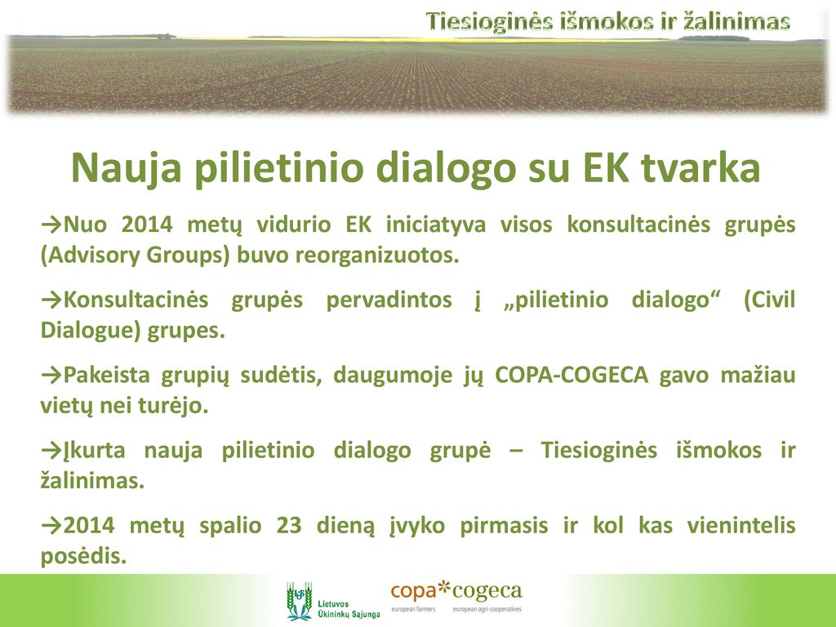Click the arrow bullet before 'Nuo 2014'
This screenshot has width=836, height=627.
(x=51, y=224)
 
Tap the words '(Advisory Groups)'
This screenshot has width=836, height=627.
(x=135, y=256)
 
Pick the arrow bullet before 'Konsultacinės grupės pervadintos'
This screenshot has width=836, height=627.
(x=51, y=299)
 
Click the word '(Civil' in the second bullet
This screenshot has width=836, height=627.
(x=769, y=300)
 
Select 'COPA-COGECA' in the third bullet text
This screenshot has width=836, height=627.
(x=571, y=375)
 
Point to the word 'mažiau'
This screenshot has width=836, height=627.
(x=758, y=375)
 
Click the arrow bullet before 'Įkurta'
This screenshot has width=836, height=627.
(x=51, y=451)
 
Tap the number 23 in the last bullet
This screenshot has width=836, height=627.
(x=289, y=526)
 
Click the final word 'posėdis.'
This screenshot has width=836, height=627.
(x=84, y=557)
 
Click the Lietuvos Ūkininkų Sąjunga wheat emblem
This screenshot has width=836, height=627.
(x=299, y=601)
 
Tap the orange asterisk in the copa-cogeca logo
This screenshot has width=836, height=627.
(x=443, y=589)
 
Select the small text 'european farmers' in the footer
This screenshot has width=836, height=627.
(x=413, y=609)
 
